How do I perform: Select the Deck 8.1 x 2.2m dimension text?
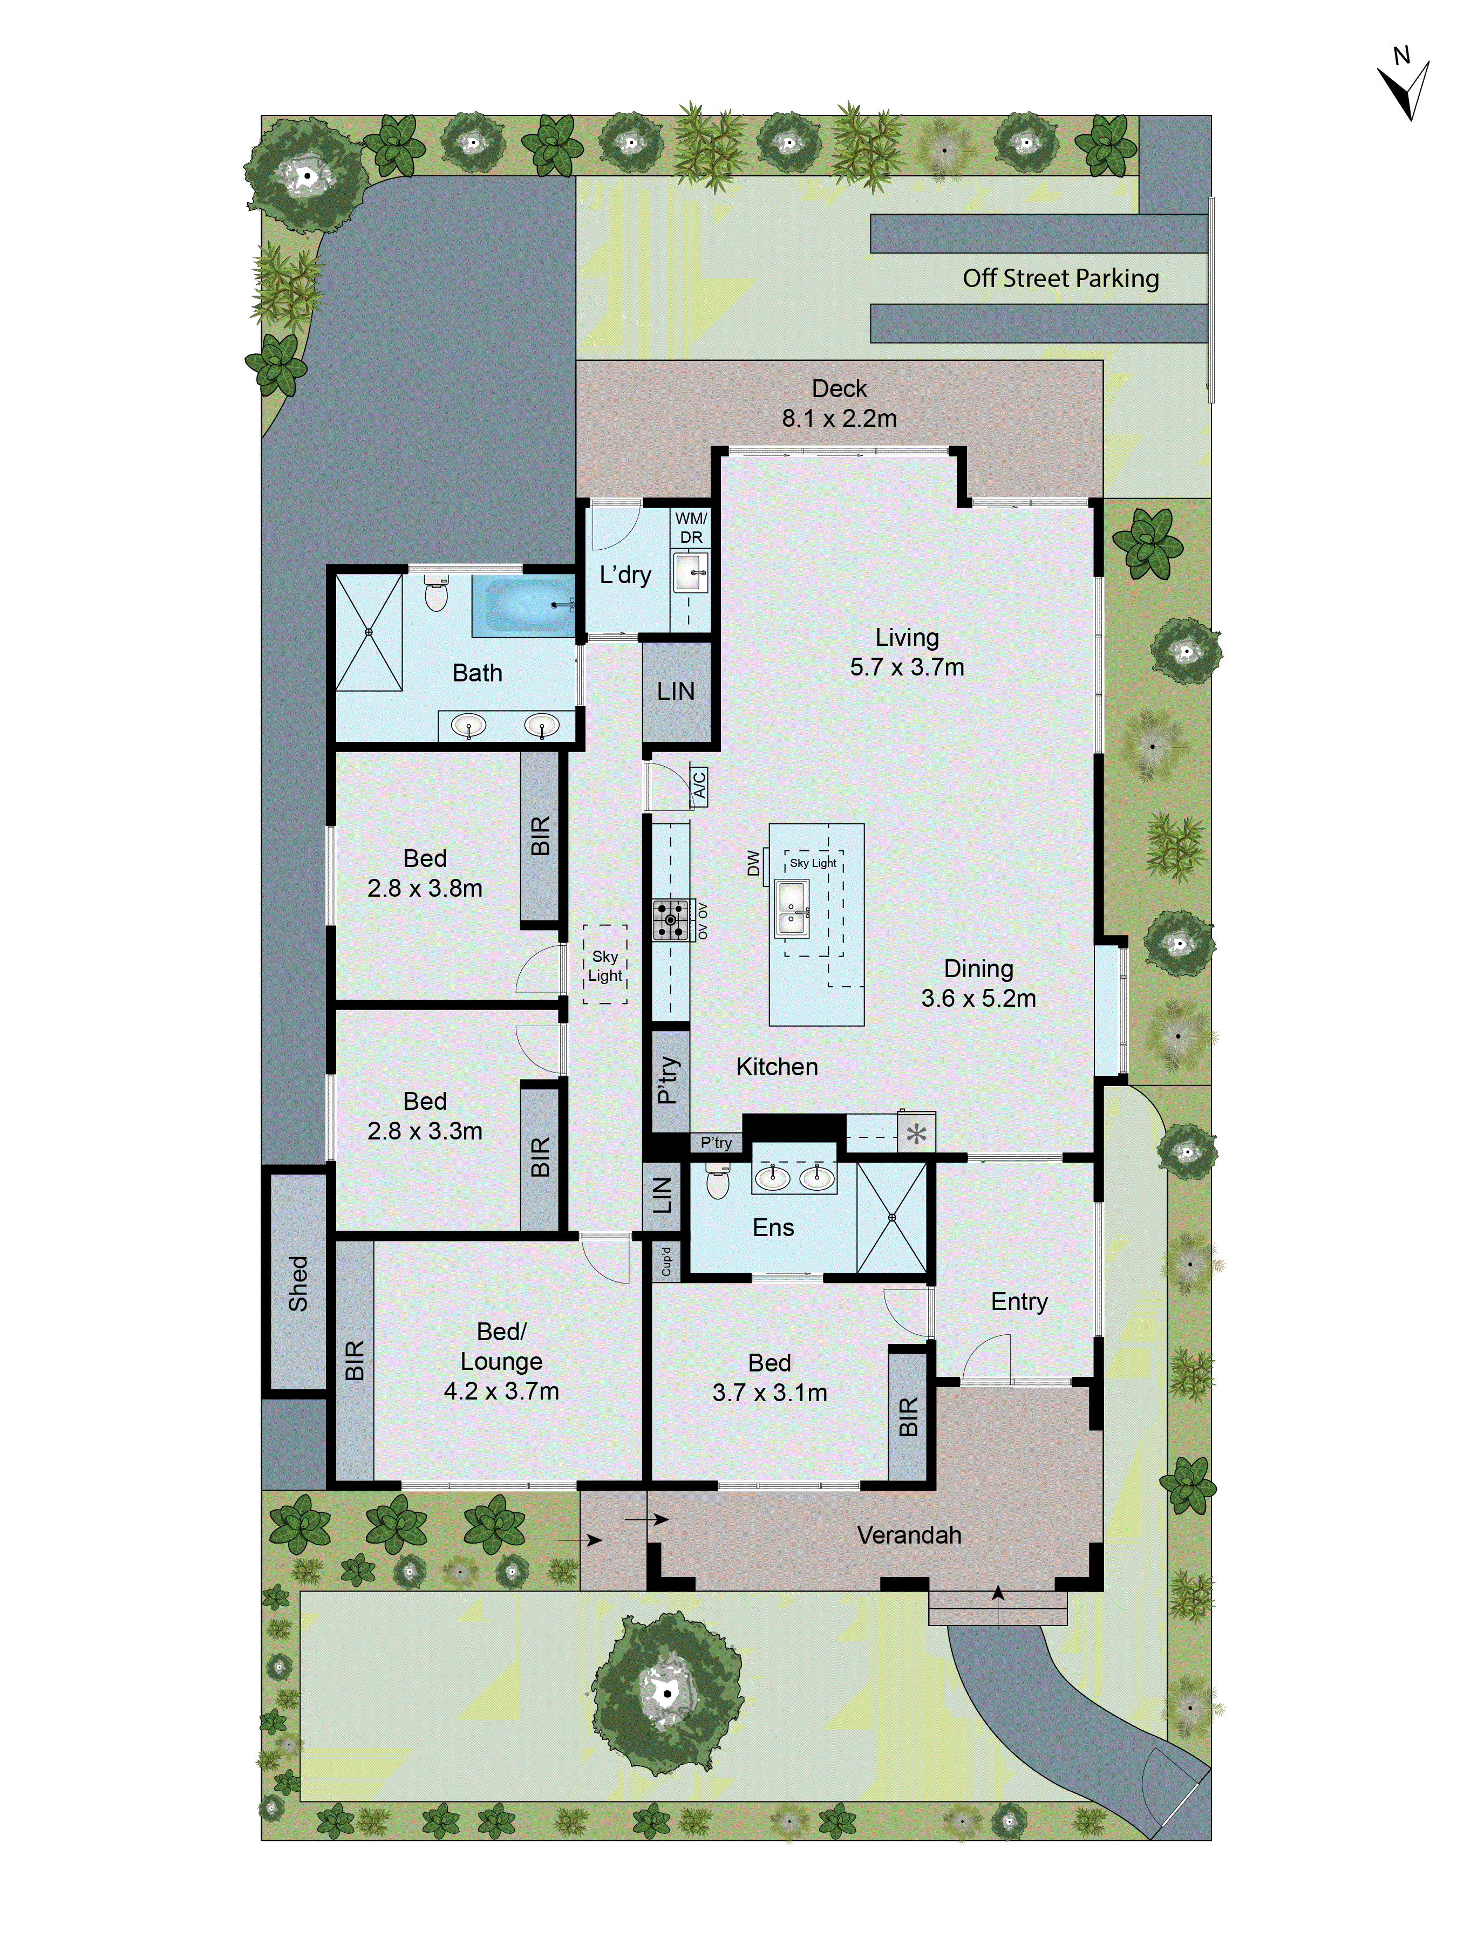tap(839, 418)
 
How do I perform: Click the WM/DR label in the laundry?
tap(691, 528)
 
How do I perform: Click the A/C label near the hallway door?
tap(699, 783)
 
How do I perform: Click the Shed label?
tap(298, 1283)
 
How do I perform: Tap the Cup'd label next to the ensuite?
tap(666, 1261)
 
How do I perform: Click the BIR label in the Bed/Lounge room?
tap(355, 1360)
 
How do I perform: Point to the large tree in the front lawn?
tap(667, 1692)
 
